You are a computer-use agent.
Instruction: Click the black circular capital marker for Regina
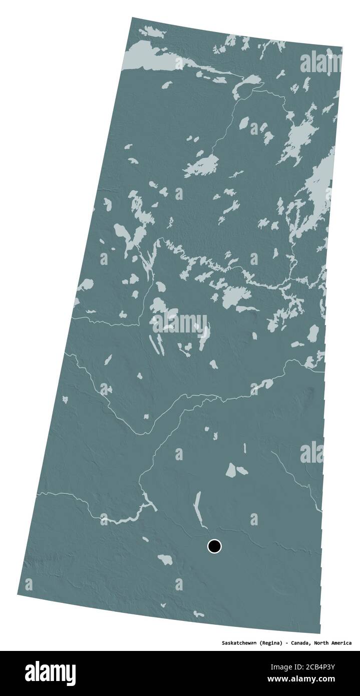214,546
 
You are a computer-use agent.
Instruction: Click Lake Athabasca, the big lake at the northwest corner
150,54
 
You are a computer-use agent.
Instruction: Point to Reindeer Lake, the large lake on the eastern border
318,183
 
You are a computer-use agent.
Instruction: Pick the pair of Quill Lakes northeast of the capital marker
234,469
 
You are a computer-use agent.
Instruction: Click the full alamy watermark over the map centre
179,323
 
